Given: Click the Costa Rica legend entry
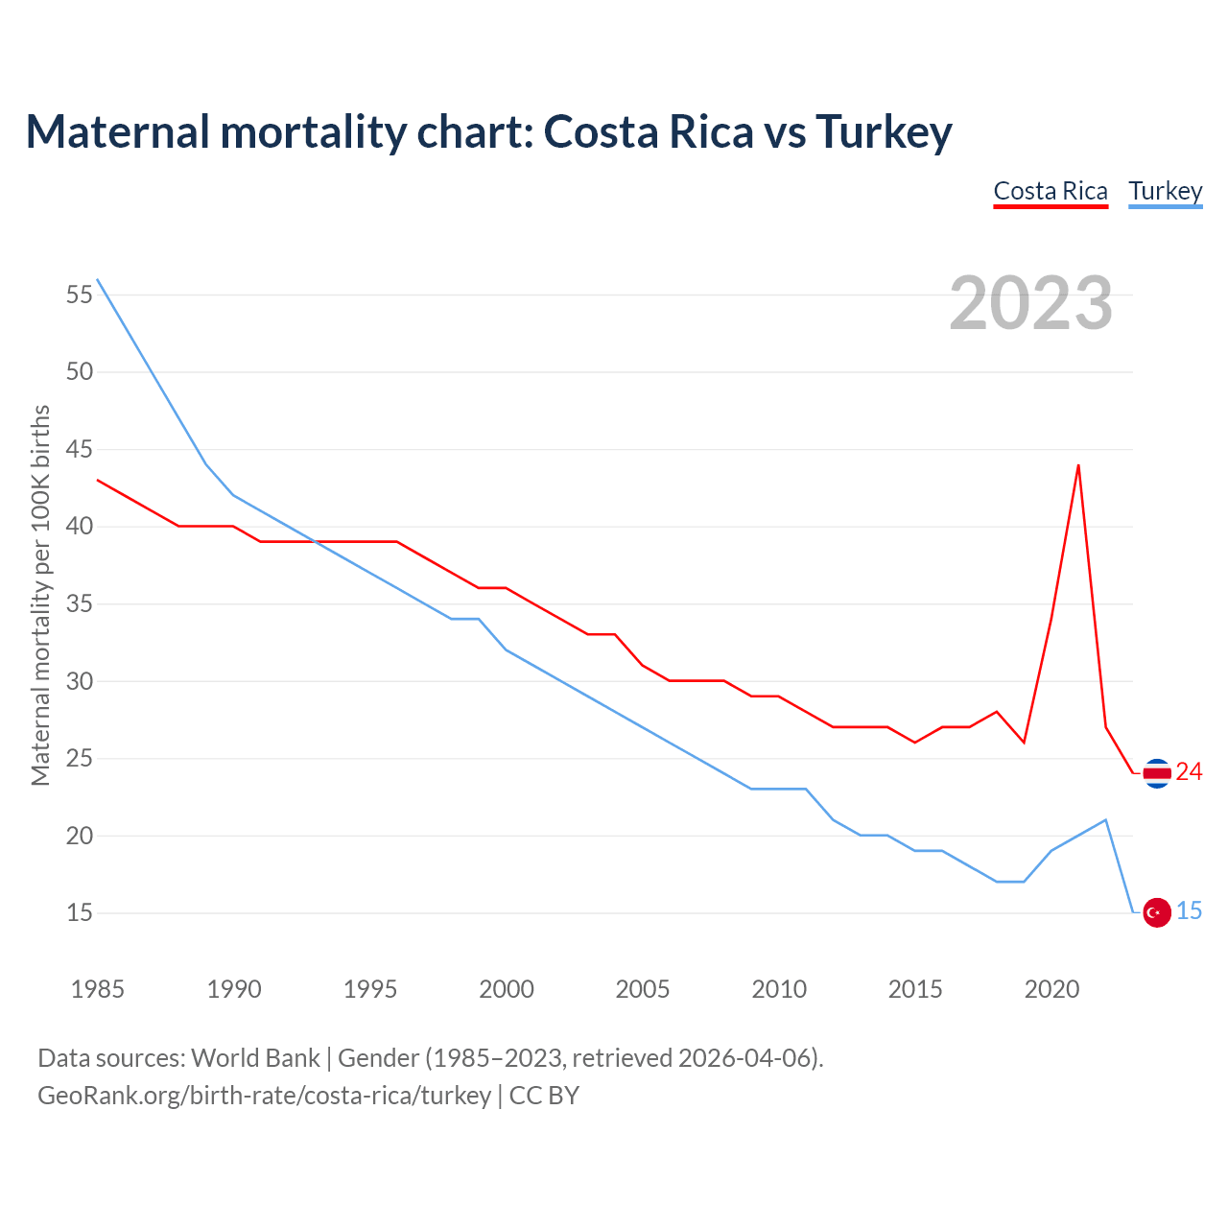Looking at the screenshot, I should pyautogui.click(x=1051, y=191).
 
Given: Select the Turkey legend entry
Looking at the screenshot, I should pyautogui.click(x=1165, y=191).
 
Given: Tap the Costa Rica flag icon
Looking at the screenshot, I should pyautogui.click(x=1157, y=772).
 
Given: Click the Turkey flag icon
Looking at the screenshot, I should pyautogui.click(x=1157, y=912).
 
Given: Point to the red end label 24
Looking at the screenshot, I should pyautogui.click(x=1189, y=772).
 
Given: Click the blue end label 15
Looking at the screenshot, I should pyautogui.click(x=1189, y=911).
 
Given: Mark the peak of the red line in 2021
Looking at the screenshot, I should pyautogui.click(x=1078, y=465).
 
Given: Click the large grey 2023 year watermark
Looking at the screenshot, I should pyautogui.click(x=1030, y=303).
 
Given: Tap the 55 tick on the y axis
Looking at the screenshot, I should pyautogui.click(x=80, y=295).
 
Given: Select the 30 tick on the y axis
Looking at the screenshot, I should pyautogui.click(x=80, y=682).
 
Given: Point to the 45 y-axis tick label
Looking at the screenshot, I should pyautogui.click(x=80, y=450).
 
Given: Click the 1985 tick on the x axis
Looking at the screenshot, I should pyautogui.click(x=98, y=989).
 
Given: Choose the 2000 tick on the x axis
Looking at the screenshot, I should pyautogui.click(x=507, y=989).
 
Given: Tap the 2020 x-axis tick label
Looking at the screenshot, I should pyautogui.click(x=1051, y=989).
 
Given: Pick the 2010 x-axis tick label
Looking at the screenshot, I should pyautogui.click(x=779, y=989).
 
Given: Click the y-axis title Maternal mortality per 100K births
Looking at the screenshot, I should pyautogui.click(x=40, y=595).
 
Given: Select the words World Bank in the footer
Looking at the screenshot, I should pyautogui.click(x=255, y=1058).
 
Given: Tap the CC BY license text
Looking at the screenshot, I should pyautogui.click(x=544, y=1096).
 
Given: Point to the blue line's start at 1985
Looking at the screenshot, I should pyautogui.click(x=98, y=279).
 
